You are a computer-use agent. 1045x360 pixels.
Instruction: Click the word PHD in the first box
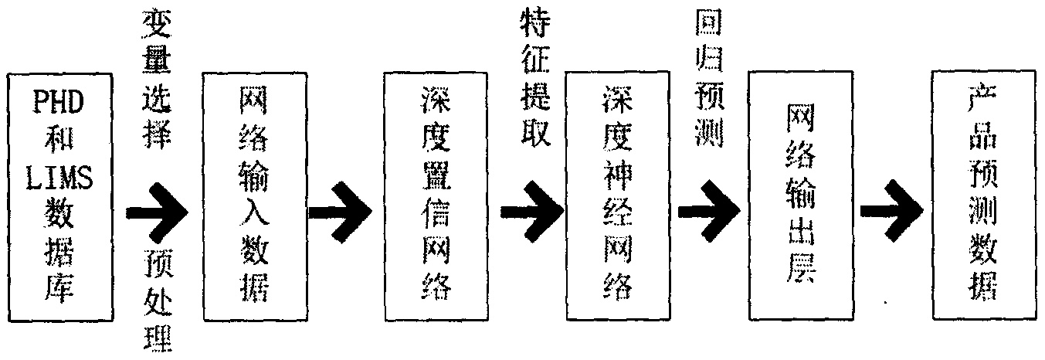[x=59, y=101]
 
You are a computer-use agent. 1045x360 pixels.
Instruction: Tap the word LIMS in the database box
[x=59, y=178]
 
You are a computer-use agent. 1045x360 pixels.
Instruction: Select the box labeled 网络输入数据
[x=255, y=196]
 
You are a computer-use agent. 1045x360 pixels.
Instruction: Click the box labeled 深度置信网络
[x=436, y=196]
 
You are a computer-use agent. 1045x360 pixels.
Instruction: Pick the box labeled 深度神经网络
[x=618, y=196]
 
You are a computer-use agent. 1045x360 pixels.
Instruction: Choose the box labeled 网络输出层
[x=800, y=195]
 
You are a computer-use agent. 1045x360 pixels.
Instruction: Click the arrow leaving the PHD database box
[x=157, y=212]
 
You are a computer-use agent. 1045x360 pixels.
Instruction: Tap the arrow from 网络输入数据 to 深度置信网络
[x=340, y=212]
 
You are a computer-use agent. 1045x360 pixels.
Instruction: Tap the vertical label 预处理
[x=158, y=301]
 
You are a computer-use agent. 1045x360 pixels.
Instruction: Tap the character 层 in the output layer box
[x=800, y=270]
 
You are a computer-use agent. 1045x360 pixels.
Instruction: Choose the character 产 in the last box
[x=983, y=99]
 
